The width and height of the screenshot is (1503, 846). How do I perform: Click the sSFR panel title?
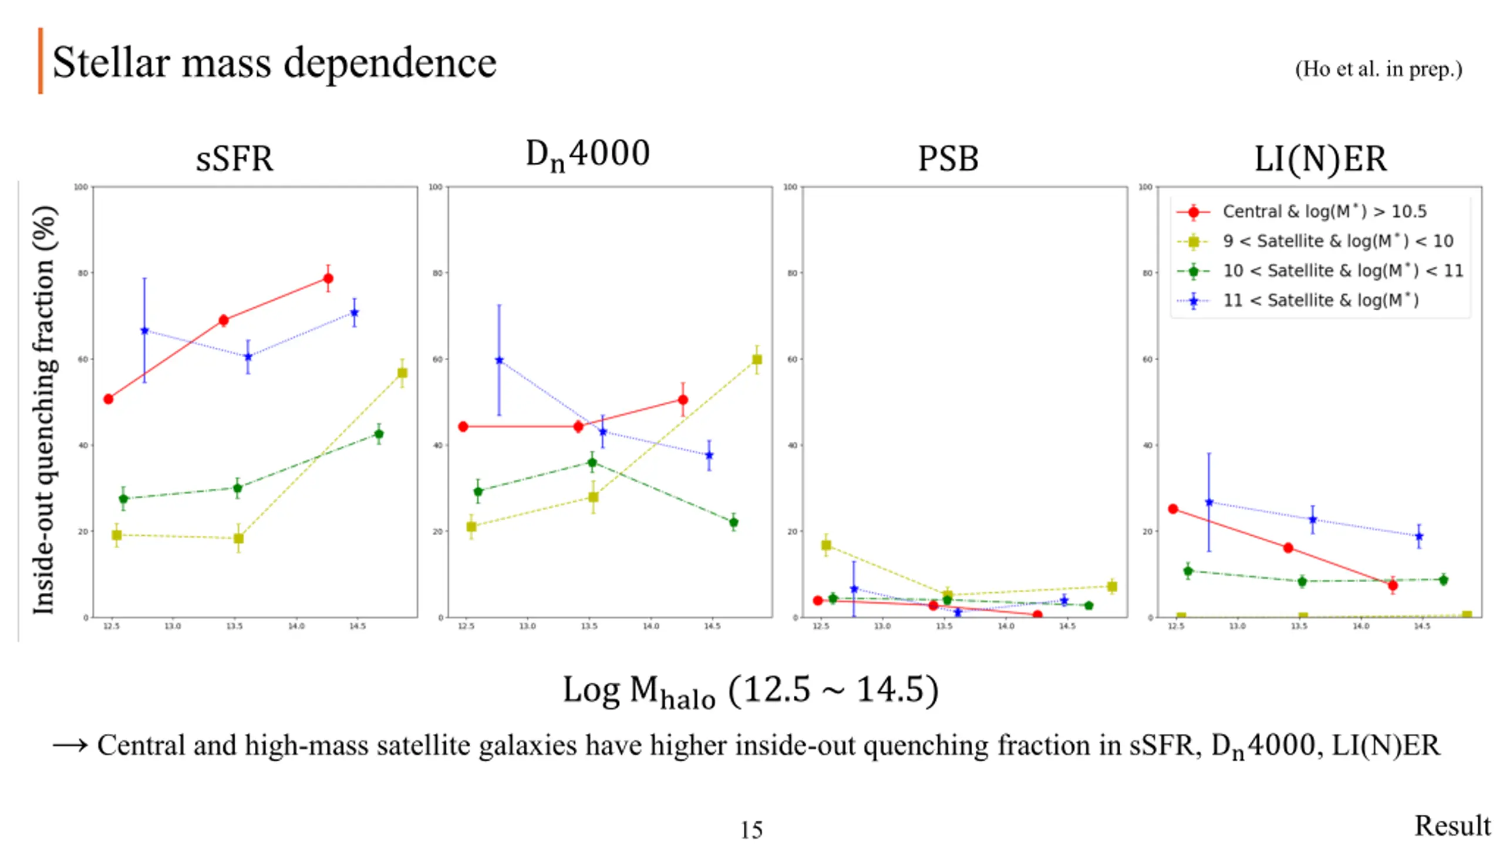coord(234,159)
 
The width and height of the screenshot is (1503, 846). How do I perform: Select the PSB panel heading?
coord(948,159)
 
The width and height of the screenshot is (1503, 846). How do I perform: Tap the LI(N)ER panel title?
coord(1320,159)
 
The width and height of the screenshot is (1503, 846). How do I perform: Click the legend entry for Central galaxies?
coord(1324,211)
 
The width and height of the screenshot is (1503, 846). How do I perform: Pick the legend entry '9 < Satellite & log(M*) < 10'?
coord(1337,241)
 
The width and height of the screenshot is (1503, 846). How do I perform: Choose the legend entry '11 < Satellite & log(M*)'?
coord(1320,300)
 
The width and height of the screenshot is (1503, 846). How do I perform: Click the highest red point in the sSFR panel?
coord(328,278)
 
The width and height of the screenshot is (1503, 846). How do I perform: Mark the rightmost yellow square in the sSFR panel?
coord(402,373)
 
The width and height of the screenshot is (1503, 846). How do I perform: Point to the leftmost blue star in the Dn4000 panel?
coord(499,360)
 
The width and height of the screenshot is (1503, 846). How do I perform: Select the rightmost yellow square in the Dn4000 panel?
coord(757,360)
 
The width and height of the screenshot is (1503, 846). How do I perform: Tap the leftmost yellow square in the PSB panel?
coord(826,545)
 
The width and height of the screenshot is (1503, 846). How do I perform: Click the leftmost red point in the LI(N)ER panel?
coord(1173,509)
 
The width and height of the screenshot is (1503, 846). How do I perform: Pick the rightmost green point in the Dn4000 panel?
coord(733,522)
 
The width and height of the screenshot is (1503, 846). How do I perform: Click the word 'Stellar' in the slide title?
coord(112,62)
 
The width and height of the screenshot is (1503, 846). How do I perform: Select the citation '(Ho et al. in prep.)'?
coord(1378,69)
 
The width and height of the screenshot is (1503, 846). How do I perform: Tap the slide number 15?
coord(751,830)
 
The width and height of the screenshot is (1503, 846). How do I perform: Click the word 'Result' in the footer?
coord(1452,825)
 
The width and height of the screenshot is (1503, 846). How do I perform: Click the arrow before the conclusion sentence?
coord(70,746)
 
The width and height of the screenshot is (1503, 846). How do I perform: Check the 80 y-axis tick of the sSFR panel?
coord(82,273)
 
